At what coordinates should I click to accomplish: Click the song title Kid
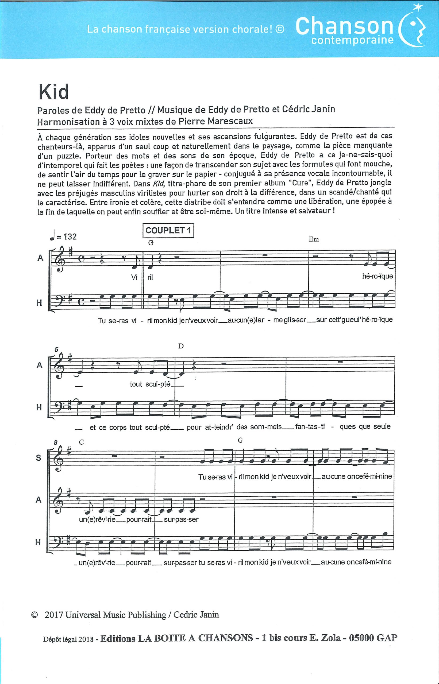[54, 92]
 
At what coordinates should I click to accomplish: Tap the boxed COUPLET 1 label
[168, 230]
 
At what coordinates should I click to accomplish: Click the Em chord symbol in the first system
[314, 240]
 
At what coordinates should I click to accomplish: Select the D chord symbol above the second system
[181, 346]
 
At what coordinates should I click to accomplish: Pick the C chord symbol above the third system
[82, 442]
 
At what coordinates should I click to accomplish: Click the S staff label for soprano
[39, 457]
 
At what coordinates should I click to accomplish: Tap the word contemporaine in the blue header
[352, 40]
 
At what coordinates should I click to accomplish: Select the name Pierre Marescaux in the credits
[215, 121]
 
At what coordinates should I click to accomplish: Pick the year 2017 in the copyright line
[54, 615]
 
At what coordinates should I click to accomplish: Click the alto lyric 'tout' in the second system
[136, 384]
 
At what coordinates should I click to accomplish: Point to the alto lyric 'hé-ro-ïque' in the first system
[377, 276]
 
